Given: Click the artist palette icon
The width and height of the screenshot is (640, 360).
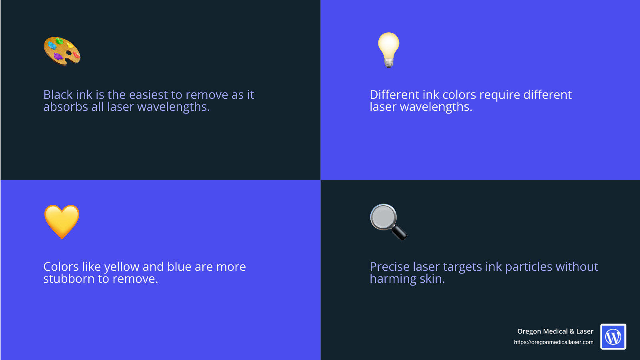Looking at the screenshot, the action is (62, 51).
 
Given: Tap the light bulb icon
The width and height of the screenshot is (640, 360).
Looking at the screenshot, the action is (388, 50).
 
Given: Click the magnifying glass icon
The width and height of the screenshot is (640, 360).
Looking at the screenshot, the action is (388, 222).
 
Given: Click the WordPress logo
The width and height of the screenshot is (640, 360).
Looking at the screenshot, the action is (613, 336).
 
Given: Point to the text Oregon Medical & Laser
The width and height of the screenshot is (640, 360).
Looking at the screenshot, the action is (555, 331).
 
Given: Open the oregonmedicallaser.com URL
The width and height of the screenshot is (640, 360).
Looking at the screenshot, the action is (554, 342).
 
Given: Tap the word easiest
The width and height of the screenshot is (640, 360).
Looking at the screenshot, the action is (148, 94).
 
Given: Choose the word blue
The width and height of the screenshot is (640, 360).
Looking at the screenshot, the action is (180, 266).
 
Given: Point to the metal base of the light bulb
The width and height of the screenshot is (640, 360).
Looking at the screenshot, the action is (388, 63).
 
